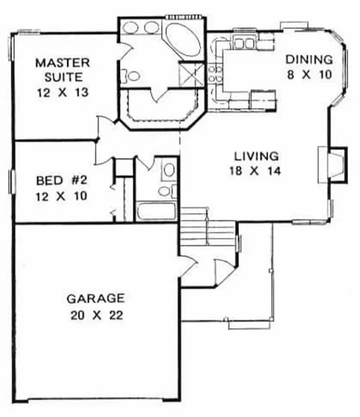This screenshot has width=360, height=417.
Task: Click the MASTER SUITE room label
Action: [x=62, y=70]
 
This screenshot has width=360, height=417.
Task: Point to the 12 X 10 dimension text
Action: [x=62, y=195]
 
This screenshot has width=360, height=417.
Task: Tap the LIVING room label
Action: [x=254, y=155]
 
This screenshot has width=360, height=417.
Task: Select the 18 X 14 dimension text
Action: [x=254, y=172]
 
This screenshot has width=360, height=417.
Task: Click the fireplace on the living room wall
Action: [x=333, y=165]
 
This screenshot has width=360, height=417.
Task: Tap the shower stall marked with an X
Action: [x=191, y=75]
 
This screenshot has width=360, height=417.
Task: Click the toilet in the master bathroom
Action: [x=133, y=76]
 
